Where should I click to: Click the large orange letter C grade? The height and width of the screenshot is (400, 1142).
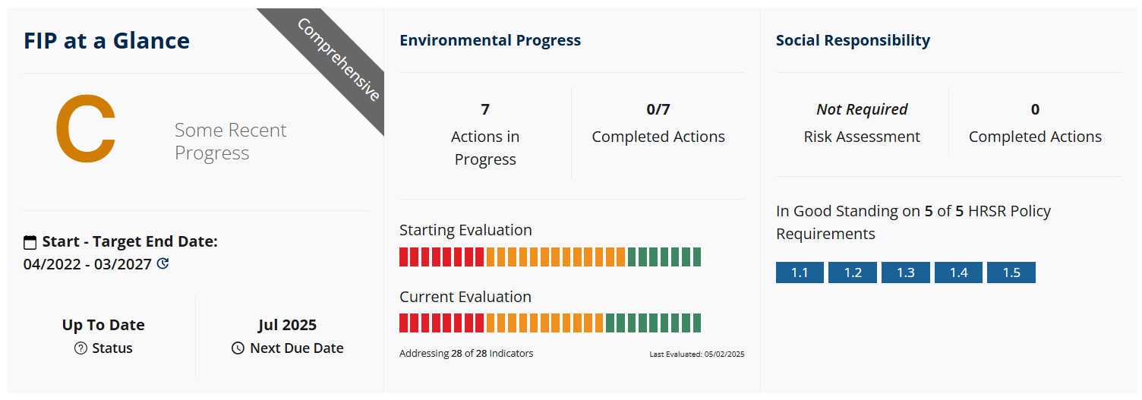coord(86,128)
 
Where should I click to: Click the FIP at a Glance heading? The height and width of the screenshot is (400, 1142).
coord(106,41)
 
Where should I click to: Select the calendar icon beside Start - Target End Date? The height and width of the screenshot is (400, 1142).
coord(30,242)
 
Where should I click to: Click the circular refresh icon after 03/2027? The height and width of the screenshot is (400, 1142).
coord(162,263)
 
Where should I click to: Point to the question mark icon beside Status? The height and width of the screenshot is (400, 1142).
coord(80,348)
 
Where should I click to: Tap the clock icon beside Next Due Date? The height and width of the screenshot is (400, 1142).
coord(238,348)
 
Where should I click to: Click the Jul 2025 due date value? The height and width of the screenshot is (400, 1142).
coord(287,325)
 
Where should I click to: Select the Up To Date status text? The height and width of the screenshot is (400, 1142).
coord(103,325)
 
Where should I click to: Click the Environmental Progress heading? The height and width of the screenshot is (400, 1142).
coord(490,40)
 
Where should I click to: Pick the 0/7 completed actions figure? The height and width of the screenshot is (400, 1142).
coord(658,109)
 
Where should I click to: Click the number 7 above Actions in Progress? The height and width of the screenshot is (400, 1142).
coord(485,109)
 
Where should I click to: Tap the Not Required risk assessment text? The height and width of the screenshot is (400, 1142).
coord(862,109)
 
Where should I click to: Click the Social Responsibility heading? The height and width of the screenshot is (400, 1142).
coord(853,40)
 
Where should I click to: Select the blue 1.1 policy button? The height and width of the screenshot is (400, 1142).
coord(800,272)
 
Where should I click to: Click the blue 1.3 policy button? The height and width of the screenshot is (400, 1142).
coord(905,272)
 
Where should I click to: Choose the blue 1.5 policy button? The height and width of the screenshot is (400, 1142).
coord(1011,272)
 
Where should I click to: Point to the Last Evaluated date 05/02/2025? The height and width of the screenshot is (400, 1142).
coord(724,354)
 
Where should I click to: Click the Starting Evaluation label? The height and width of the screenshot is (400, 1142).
coord(465,230)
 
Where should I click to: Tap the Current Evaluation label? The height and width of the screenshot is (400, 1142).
coord(465,297)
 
